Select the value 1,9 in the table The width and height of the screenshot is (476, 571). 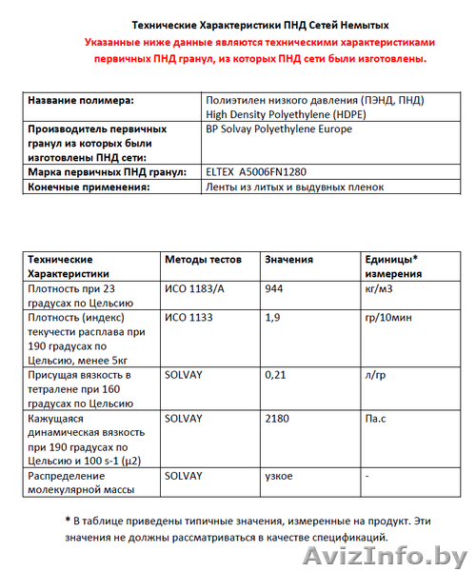click(x=272, y=317)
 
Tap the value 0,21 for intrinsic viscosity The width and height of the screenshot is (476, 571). click(x=277, y=375)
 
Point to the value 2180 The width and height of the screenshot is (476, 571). click(x=279, y=418)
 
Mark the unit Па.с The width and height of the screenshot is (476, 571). click(x=379, y=418)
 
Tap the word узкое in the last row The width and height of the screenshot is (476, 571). click(x=279, y=475)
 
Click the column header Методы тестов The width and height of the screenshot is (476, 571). click(x=204, y=259)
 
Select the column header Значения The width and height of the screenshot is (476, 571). click(x=289, y=259)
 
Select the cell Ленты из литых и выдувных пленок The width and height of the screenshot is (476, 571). click(x=294, y=187)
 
